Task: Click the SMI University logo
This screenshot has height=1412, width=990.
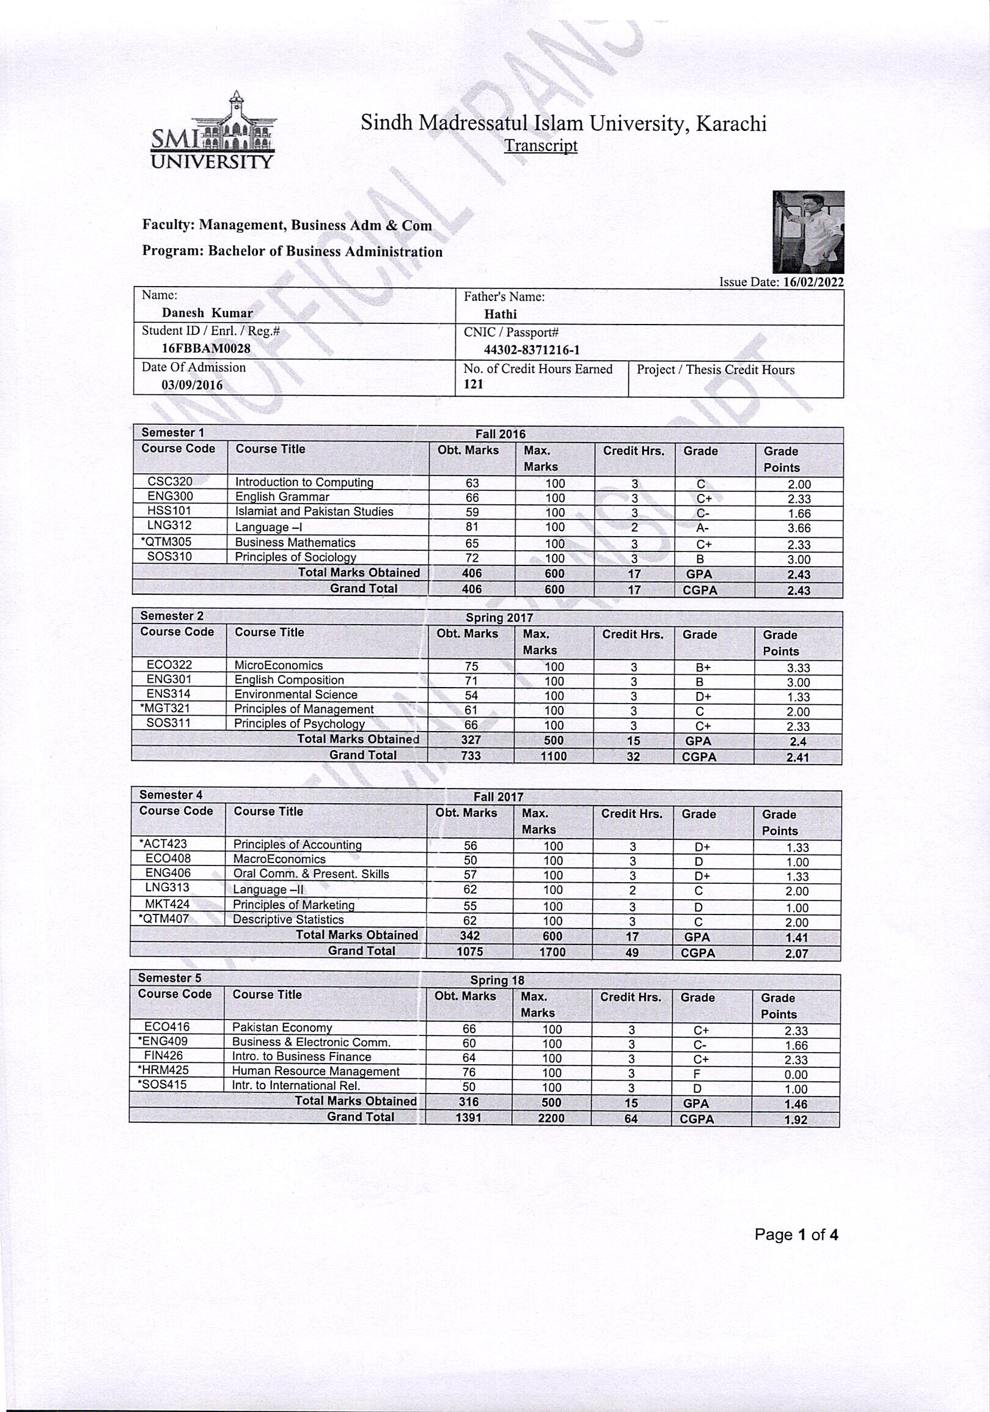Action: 213,131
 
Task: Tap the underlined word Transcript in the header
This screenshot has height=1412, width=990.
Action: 540,145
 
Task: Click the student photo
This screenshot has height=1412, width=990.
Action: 808,232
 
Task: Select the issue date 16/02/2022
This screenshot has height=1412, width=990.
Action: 814,282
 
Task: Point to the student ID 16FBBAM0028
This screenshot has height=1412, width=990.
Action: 206,348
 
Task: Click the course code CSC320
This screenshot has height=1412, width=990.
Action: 170,482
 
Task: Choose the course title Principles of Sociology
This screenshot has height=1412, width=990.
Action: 296,557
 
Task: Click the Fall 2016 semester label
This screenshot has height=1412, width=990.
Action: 500,434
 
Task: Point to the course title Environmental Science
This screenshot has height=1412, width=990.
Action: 296,695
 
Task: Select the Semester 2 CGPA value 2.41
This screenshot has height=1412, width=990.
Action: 798,758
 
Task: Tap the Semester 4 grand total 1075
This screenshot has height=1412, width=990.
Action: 470,952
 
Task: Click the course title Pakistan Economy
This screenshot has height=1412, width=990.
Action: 282,1028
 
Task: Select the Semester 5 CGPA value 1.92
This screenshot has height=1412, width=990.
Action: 796,1120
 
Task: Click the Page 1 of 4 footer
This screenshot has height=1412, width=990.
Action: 796,1234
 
